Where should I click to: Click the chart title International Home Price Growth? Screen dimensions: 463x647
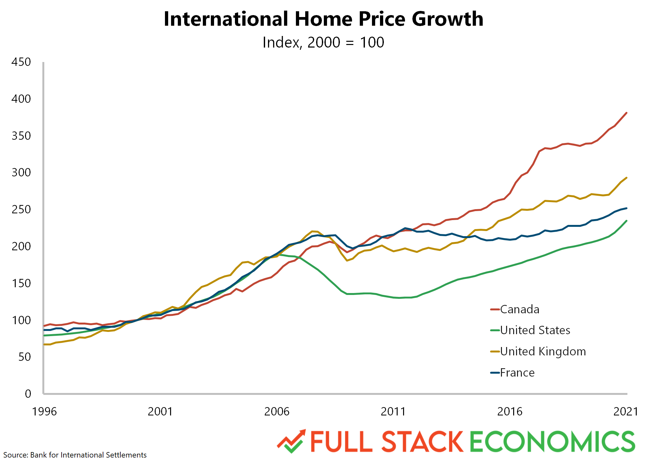323,19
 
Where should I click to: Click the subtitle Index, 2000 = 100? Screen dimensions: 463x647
323,42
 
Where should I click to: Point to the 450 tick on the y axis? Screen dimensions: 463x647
21,62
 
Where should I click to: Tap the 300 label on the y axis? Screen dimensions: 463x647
21,173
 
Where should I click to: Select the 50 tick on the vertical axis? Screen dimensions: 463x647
24,357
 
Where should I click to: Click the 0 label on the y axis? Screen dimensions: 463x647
28,394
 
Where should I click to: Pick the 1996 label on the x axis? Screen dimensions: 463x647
44,412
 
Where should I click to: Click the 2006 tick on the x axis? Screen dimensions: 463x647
277,412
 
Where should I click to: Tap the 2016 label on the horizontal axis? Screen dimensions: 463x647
510,412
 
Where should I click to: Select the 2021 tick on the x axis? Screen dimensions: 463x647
625,412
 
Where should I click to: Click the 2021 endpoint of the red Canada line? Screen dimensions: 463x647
626,113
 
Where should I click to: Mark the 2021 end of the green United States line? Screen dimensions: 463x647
626,221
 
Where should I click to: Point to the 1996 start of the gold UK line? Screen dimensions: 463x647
45,344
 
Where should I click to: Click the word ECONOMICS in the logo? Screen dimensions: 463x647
552,442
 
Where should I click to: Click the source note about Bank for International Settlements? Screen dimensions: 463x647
75,455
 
